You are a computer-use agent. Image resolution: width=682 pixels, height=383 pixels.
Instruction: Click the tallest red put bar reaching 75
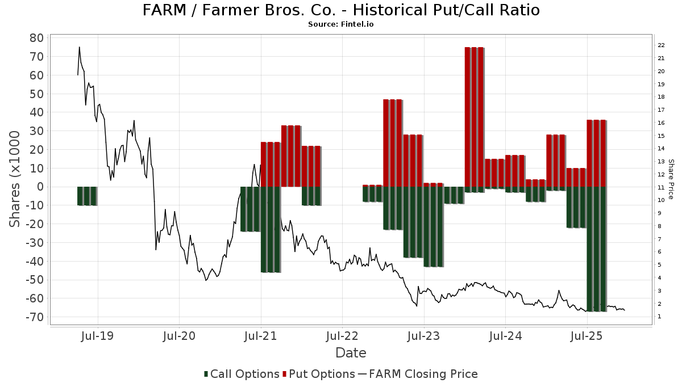point(474,117)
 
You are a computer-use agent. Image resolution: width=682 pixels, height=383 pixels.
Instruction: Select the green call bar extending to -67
point(596,249)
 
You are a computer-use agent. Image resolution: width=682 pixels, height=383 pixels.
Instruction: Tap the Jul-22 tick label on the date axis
point(342,336)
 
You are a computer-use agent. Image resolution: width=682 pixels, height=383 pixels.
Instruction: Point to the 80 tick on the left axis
point(36,38)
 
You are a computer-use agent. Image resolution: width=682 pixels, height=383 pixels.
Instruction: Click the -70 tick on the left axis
point(34,317)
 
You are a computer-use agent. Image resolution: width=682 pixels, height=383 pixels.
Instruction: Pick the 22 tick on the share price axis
point(661,45)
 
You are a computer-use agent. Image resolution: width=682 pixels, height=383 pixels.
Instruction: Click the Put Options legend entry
point(322,374)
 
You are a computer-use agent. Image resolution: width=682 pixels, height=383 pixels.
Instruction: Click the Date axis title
point(351,353)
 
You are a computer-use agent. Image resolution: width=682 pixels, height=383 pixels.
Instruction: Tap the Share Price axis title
point(671,179)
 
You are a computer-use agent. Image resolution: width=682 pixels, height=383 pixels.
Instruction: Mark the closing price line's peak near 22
point(80,47)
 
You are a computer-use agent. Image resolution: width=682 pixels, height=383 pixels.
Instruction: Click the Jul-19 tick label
point(98,336)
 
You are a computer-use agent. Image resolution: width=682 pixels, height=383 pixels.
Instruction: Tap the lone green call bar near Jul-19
point(87,196)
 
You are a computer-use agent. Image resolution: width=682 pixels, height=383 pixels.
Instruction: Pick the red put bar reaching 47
point(392,143)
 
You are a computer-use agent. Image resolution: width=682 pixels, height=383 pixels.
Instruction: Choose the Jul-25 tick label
point(587,336)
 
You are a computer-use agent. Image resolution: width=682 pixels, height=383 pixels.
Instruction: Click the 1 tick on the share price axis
point(659,317)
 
